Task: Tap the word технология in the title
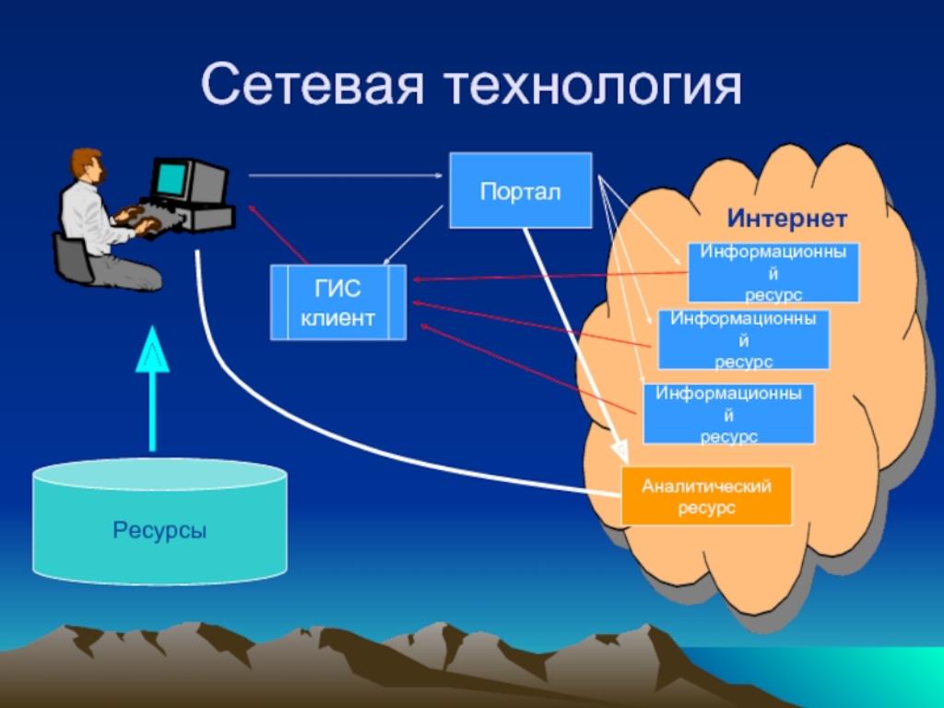pyautogui.click(x=594, y=85)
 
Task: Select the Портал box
pyautogui.click(x=521, y=190)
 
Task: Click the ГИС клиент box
pyautogui.click(x=338, y=302)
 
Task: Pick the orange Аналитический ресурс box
pyautogui.click(x=706, y=496)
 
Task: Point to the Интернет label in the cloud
pyautogui.click(x=787, y=218)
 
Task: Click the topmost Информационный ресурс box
pyautogui.click(x=773, y=273)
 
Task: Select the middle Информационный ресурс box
pyautogui.click(x=744, y=339)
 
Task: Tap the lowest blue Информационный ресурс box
pyautogui.click(x=728, y=414)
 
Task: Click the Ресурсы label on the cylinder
pyautogui.click(x=159, y=530)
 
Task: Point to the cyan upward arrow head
pyautogui.click(x=152, y=349)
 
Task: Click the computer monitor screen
pyautogui.click(x=171, y=179)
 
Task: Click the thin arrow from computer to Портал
pyautogui.click(x=346, y=176)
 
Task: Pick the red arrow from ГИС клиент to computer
pyautogui.click(x=278, y=234)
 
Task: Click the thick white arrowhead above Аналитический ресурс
pyautogui.click(x=619, y=449)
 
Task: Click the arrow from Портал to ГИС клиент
pyautogui.click(x=413, y=235)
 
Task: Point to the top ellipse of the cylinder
pyautogui.click(x=159, y=475)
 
